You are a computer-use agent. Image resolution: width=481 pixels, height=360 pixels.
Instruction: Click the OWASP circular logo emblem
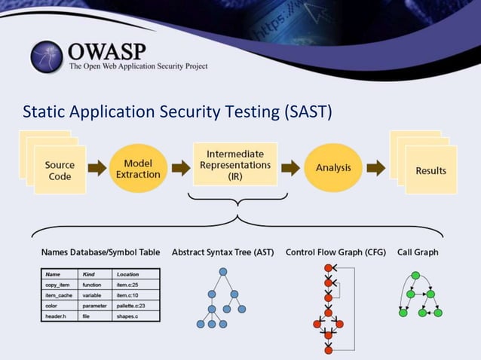[x=47, y=57]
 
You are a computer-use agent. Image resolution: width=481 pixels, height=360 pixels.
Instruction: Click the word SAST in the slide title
[x=305, y=111]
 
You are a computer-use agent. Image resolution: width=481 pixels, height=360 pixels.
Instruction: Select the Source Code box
[x=60, y=170]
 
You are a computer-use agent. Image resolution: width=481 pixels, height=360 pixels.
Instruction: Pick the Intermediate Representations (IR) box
[x=237, y=164]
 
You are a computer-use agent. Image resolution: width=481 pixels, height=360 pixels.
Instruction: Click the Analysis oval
[x=332, y=167]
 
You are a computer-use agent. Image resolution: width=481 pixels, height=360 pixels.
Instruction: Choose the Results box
[x=430, y=170]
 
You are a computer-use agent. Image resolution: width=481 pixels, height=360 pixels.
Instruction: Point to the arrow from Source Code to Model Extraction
[x=97, y=168]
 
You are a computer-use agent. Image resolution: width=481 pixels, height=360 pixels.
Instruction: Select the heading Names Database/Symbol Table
[x=100, y=252]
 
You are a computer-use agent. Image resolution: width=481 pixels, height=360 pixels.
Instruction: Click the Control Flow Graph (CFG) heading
[x=336, y=252]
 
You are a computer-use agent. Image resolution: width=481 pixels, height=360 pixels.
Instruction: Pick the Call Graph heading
[x=418, y=252]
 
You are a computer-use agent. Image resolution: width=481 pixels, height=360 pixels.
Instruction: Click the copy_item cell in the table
[x=57, y=285]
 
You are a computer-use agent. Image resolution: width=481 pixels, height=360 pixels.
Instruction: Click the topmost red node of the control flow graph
[x=328, y=268]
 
